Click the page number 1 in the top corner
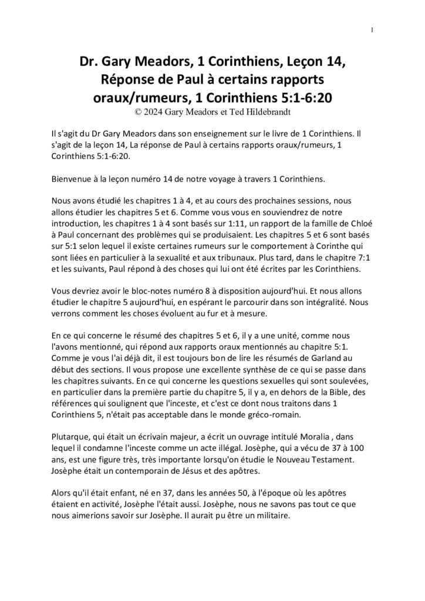[x=373, y=31]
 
